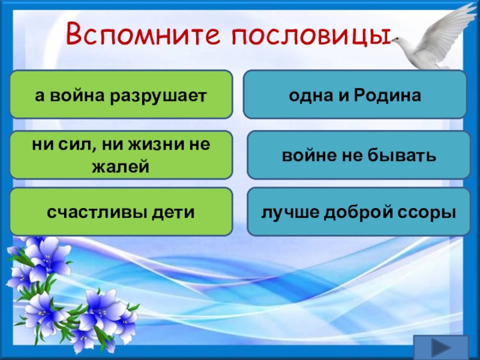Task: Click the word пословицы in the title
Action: pos(311,36)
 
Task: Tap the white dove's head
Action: pos(397,40)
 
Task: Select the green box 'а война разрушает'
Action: pos(121,94)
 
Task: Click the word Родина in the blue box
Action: pos(387,95)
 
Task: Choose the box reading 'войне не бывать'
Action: pos(358,155)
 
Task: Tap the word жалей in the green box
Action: pos(121,167)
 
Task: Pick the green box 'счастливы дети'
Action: pos(121,212)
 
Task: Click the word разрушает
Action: pos(159,97)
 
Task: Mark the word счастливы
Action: pos(97,212)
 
